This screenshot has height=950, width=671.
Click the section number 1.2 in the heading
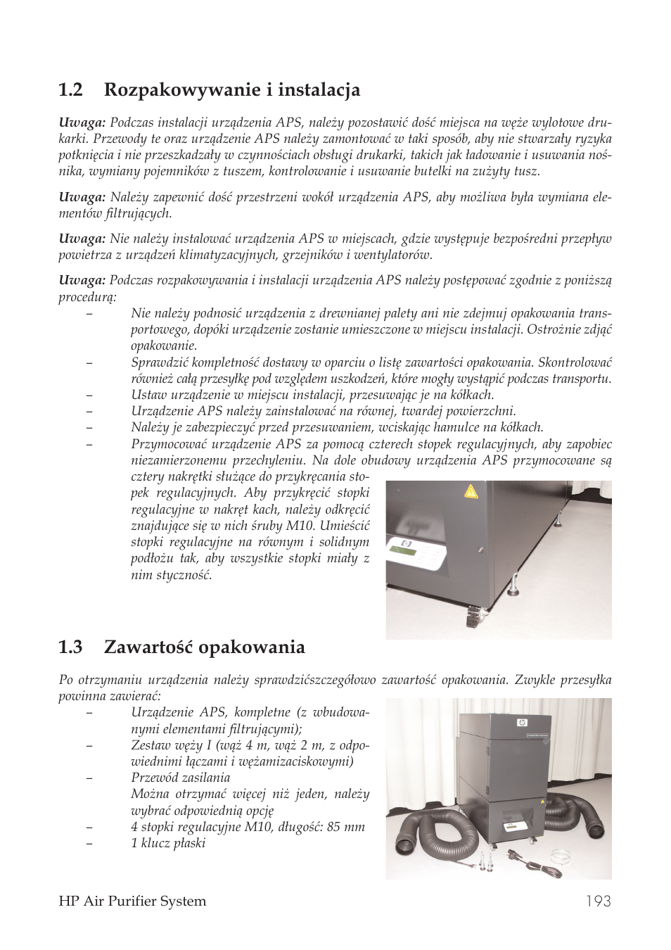pyautogui.click(x=71, y=90)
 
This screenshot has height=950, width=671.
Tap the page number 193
pyautogui.click(x=596, y=901)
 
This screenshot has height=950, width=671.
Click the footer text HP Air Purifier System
pyautogui.click(x=132, y=901)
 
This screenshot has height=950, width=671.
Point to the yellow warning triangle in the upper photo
pyautogui.click(x=471, y=491)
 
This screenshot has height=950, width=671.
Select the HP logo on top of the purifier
pyautogui.click(x=521, y=722)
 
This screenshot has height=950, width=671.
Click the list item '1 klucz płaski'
pyautogui.click(x=168, y=843)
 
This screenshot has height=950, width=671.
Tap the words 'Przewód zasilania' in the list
pyautogui.click(x=180, y=778)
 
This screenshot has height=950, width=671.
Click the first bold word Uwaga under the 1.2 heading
pyautogui.click(x=82, y=122)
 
